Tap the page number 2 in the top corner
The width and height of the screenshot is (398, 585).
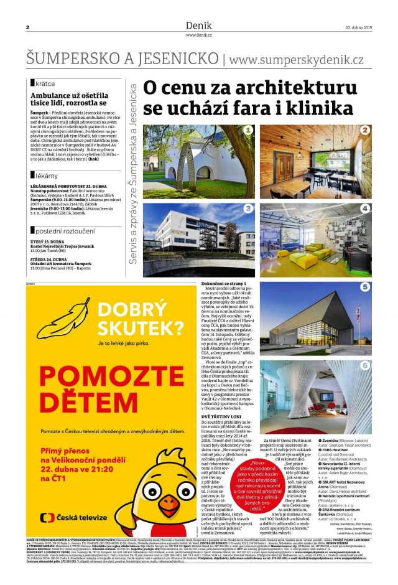(x=28, y=27)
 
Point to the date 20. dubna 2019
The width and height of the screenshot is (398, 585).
(x=358, y=27)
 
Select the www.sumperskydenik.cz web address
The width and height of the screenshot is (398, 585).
(x=297, y=59)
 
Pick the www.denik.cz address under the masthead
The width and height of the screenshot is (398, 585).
(x=198, y=35)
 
